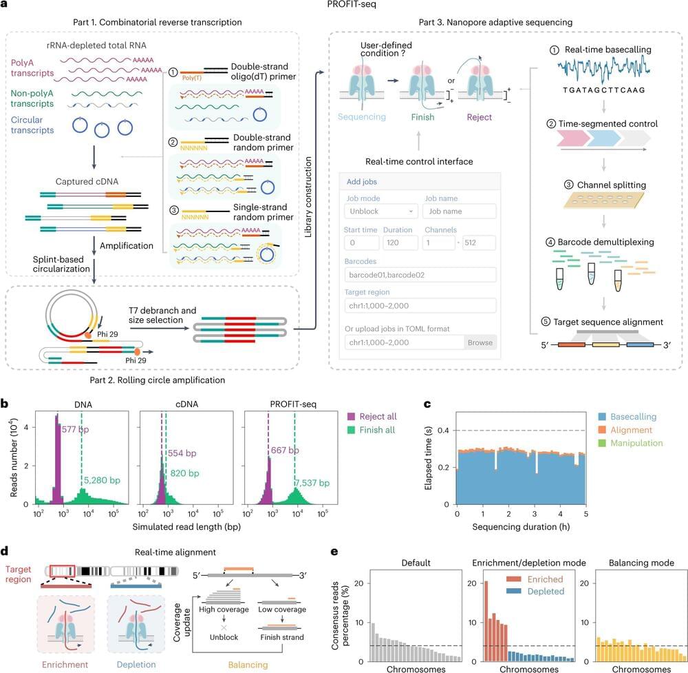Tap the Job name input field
pos(459,211)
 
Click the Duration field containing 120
pos(400,242)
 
